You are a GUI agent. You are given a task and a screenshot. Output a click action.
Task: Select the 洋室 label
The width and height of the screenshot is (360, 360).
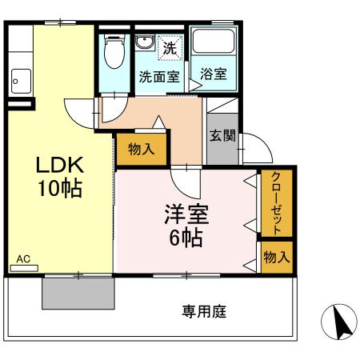[x=183, y=215]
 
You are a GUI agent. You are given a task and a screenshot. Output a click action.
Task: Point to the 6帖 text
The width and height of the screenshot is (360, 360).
[x=184, y=238]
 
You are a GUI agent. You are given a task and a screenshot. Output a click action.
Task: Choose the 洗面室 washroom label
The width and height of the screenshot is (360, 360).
[x=158, y=78]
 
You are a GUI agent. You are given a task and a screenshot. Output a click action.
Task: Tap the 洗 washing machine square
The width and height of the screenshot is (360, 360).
[x=170, y=47]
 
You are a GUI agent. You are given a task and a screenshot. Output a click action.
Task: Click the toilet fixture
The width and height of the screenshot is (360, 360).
[x=114, y=52]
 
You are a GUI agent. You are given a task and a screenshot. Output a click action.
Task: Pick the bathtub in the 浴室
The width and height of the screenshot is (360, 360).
[x=212, y=45]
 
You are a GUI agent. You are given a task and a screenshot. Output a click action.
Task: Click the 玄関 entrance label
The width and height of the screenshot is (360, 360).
[x=222, y=135]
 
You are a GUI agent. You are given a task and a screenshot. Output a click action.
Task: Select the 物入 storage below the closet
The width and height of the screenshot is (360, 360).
[x=277, y=257]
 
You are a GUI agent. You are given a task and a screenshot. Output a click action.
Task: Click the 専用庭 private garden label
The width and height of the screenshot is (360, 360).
[x=204, y=311]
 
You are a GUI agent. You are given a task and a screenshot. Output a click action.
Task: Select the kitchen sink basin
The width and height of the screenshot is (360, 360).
[x=20, y=80]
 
